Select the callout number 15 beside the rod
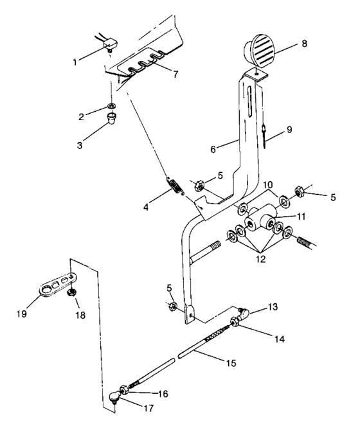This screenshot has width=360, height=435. click(x=230, y=363)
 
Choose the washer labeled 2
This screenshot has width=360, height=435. click(x=112, y=105)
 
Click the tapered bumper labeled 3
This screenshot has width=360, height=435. click(x=113, y=120)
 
